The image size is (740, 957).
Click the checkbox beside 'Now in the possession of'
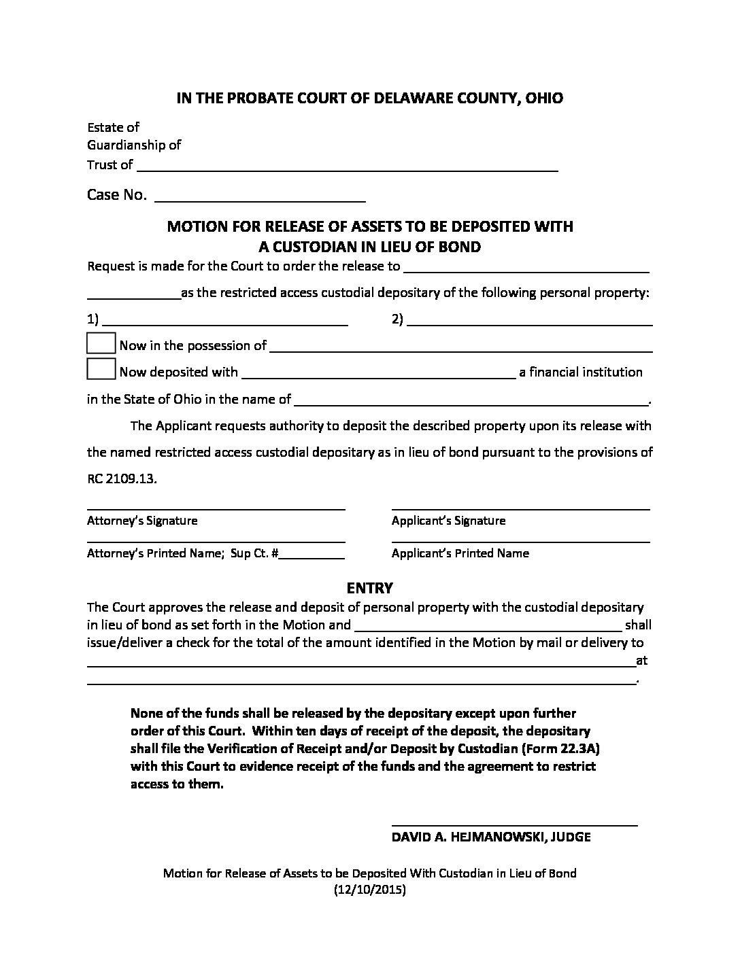click(101, 343)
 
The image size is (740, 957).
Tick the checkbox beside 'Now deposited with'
click(101, 369)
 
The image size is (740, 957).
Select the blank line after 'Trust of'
click(347, 167)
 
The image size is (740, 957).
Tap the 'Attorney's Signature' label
click(142, 521)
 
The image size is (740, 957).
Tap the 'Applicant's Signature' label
click(448, 521)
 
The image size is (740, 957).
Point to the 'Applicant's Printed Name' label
click(460, 553)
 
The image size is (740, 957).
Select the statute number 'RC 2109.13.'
click(122, 478)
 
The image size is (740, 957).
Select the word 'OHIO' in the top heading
click(544, 98)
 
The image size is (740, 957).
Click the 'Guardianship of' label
click(134, 145)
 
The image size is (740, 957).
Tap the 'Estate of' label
click(113, 127)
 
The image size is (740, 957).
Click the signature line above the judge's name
click(514, 824)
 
